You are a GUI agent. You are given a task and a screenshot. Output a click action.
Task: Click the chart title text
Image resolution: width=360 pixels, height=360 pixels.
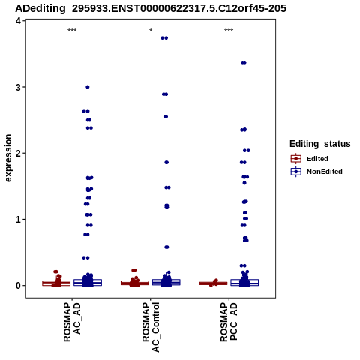coord(151,8)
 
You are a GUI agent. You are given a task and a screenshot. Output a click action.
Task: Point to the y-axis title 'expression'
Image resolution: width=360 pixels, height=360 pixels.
coord(8,158)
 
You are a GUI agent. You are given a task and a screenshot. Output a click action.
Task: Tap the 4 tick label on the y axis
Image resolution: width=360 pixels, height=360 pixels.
coord(19,21)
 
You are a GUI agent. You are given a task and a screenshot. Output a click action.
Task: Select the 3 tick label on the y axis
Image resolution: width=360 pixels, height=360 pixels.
coord(19,87)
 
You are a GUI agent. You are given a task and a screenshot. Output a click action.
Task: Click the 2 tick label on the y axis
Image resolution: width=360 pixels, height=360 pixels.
coord(19,153)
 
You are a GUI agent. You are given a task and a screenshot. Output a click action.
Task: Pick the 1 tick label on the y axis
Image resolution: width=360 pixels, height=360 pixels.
coord(19,220)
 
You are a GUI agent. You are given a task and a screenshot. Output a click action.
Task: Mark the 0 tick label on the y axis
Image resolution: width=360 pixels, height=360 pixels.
coord(19,286)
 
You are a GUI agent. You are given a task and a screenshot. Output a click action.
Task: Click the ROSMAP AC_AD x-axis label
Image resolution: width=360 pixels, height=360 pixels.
coord(72,322)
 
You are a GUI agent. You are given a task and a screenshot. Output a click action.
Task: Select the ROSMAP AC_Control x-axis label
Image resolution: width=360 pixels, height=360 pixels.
coord(151,327)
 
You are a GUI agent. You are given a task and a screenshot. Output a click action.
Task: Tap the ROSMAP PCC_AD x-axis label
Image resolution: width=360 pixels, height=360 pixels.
coord(229,322)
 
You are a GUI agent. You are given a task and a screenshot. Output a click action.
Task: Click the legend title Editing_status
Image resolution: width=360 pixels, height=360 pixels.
coord(320,144)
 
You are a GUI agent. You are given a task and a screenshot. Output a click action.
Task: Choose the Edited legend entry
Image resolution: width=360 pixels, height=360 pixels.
coord(309,159)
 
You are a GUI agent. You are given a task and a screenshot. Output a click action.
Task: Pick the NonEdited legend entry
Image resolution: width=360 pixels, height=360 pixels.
coord(316,172)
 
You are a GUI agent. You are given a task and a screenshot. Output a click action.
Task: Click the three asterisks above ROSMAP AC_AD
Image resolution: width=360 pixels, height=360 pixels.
coord(72,31)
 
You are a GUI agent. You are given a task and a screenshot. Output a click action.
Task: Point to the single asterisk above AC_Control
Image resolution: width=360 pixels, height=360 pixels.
coord(151,31)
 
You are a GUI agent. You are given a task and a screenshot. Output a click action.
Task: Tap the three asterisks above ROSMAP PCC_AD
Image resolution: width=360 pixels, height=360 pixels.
coord(229,31)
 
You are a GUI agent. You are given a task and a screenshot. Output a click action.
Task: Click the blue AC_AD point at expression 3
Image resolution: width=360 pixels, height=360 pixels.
coord(88,87)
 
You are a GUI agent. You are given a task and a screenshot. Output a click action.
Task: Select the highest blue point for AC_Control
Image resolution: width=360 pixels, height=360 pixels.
coord(164,38)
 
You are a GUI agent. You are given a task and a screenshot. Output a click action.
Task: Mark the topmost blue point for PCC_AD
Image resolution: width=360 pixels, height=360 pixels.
coord(244,62)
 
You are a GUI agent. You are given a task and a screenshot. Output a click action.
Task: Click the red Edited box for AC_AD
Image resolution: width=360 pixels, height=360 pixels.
coord(56,283)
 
